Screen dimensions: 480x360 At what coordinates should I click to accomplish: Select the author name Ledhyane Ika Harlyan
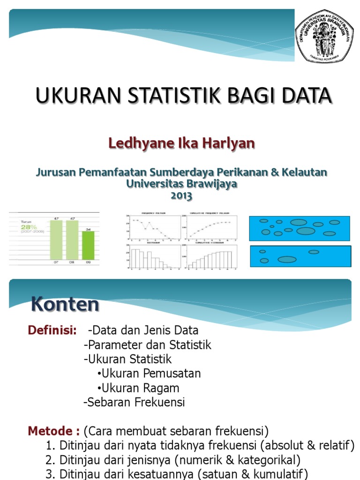tap(182, 143)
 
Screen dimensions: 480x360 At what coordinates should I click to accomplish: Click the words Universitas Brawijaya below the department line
tap(182, 184)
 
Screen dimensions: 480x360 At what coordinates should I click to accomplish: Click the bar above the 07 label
tap(56, 240)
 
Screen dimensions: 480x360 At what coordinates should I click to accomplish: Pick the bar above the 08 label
tap(72, 240)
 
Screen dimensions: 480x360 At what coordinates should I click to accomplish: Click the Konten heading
tap(65, 305)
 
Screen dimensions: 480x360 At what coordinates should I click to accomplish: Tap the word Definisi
tap(52, 330)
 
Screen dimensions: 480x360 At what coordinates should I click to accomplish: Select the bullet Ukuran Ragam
tap(138, 388)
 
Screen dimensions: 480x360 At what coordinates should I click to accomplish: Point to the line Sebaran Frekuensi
tap(134, 403)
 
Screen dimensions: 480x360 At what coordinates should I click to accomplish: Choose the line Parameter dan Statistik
tap(148, 345)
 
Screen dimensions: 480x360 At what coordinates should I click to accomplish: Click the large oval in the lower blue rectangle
tap(287, 259)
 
